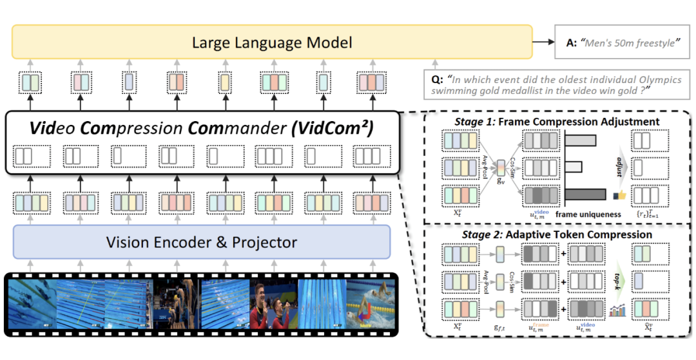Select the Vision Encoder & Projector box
202,242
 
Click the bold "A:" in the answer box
570,43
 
